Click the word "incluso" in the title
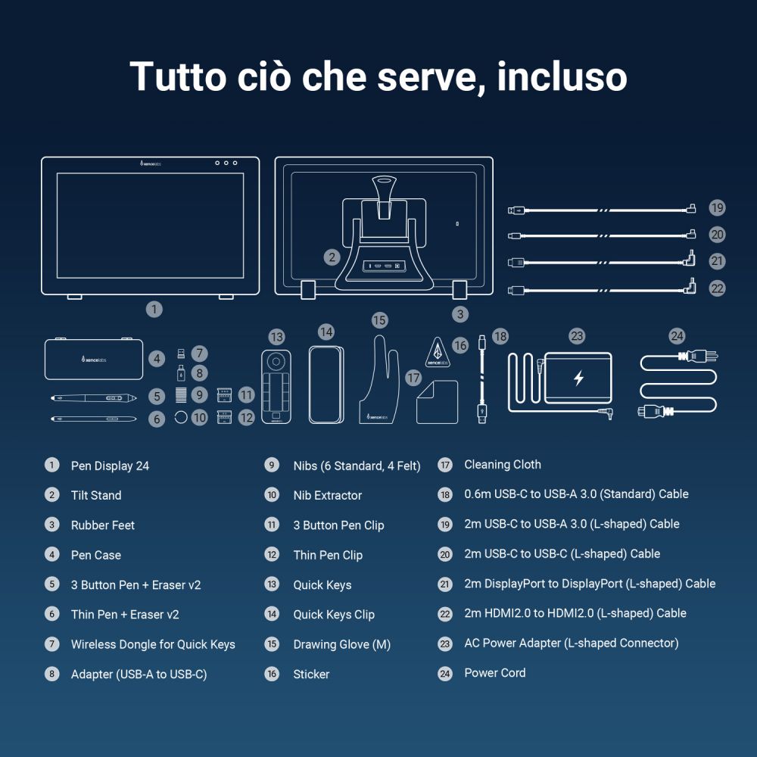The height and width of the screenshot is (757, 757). [x=562, y=76]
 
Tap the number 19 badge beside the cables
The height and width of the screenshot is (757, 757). [x=717, y=208]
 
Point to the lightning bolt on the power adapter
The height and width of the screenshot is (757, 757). [x=578, y=378]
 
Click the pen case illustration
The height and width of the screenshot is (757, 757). [x=94, y=359]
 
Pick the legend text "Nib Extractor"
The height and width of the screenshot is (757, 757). [x=327, y=495]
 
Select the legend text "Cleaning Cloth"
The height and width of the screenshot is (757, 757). [x=502, y=465]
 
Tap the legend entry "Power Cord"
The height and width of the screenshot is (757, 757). [x=494, y=672]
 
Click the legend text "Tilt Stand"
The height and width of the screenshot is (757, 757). [x=96, y=495]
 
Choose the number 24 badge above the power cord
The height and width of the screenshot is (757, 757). [x=677, y=335]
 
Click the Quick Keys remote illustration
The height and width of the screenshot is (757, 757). [x=277, y=387]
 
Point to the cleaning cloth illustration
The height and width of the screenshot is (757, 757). [x=437, y=402]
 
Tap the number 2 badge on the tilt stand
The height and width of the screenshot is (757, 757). [x=332, y=257]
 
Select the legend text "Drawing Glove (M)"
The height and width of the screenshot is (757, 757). [x=341, y=644]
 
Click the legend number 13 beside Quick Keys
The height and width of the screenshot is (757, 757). [x=272, y=584]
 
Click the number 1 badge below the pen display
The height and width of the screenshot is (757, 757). [x=154, y=309]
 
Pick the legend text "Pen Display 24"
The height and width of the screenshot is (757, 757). [x=110, y=466]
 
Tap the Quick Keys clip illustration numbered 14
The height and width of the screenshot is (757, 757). [x=327, y=385]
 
